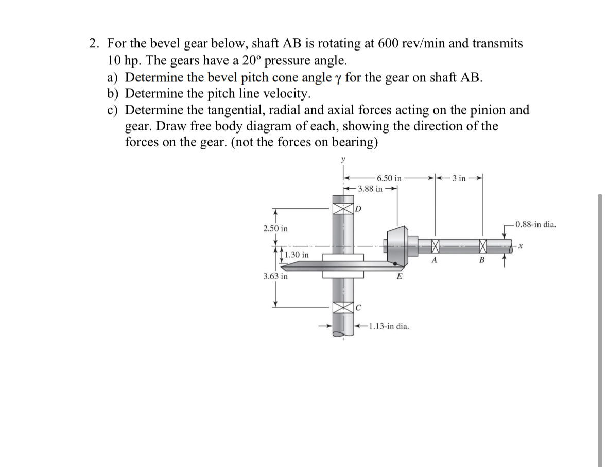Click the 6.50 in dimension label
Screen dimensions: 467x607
tap(389, 178)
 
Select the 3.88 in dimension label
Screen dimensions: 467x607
tap(370, 189)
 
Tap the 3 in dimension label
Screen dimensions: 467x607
tap(459, 178)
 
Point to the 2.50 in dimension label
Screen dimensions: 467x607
tap(275, 228)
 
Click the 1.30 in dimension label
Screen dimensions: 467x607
tap(297, 255)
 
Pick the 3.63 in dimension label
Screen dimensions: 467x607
tap(275, 276)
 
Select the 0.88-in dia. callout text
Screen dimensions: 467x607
tap(535, 224)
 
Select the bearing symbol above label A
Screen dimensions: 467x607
tap(436, 246)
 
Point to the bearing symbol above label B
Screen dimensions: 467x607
tap(482, 246)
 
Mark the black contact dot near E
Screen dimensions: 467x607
tap(395, 264)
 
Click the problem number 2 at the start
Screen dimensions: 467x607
tap(93, 44)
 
